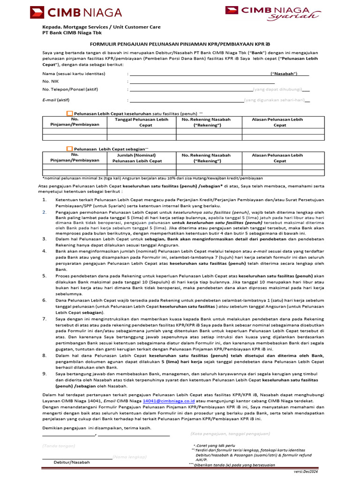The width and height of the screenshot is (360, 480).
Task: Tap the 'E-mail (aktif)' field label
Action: tap(56, 100)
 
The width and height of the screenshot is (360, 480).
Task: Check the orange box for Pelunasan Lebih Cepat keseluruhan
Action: tap(70, 113)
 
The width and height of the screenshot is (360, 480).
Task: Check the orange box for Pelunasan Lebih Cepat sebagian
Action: tap(70, 149)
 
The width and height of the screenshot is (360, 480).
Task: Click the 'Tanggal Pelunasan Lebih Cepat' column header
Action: tap(142, 122)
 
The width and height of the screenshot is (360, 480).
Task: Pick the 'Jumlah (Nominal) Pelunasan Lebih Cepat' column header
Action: tap(142, 157)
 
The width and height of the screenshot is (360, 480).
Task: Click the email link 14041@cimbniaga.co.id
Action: tap(163, 401)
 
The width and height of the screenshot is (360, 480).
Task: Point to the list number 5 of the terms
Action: tap(45, 276)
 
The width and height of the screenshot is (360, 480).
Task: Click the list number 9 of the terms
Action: tap(45, 374)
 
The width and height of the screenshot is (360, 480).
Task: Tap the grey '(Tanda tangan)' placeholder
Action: tap(59, 445)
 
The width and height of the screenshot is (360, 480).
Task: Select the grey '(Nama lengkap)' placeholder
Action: tap(130, 457)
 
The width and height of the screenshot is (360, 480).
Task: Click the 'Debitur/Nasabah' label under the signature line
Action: tap(72, 462)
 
